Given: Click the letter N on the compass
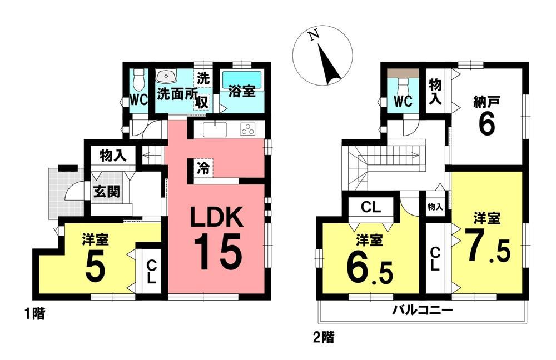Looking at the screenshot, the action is (x=312, y=36).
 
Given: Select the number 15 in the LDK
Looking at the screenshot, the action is (x=217, y=252).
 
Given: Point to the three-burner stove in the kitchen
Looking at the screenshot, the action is (x=248, y=129).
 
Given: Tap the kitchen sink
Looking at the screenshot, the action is (x=215, y=129).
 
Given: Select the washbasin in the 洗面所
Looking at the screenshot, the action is (x=166, y=76).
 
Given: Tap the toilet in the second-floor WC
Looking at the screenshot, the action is (x=403, y=87).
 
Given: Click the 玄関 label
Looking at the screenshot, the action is (x=107, y=192).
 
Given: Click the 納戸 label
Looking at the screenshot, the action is (x=487, y=102).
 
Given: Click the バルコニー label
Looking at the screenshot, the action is (x=423, y=311).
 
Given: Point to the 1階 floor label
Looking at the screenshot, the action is (x=34, y=313).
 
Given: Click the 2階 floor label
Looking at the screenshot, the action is (x=324, y=337).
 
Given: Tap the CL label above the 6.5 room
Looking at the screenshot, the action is (x=371, y=207).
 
